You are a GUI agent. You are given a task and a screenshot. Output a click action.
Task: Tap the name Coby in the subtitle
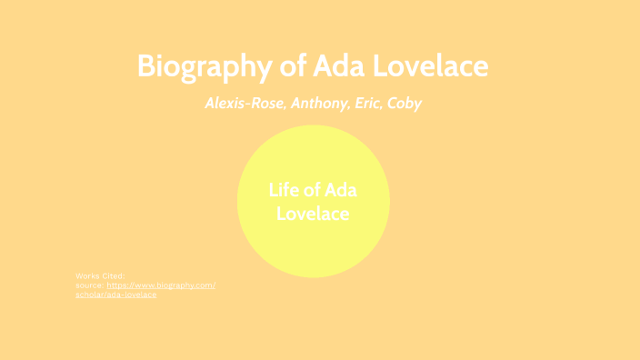(x=405, y=103)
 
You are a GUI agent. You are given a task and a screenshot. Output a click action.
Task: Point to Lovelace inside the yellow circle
(x=313, y=215)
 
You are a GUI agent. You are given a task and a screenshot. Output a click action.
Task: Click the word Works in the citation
(x=88, y=275)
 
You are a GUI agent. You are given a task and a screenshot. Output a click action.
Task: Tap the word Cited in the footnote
(x=114, y=275)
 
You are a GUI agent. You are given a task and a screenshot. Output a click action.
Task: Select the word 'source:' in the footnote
(x=90, y=285)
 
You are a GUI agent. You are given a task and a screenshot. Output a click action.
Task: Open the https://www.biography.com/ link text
(x=161, y=285)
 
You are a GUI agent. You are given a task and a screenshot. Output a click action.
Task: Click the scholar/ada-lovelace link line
(x=116, y=295)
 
